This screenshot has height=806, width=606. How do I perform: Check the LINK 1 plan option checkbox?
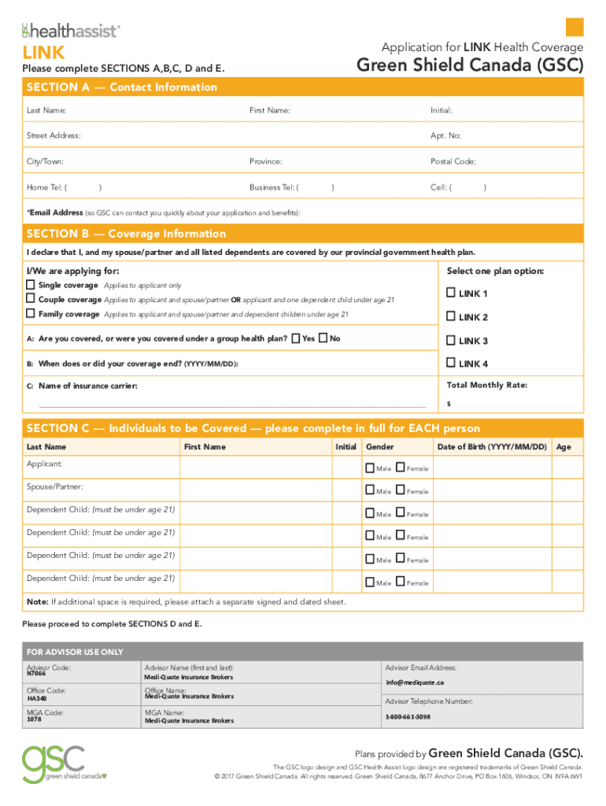click(x=451, y=293)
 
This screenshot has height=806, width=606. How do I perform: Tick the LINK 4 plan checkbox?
click(x=451, y=363)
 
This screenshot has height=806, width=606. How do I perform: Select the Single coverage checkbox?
click(x=31, y=285)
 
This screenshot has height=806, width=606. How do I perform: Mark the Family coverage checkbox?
click(x=31, y=313)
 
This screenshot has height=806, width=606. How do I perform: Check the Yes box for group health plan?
click(x=295, y=338)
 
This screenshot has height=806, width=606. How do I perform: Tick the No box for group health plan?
click(x=323, y=338)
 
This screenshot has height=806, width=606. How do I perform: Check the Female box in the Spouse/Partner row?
click(x=400, y=491)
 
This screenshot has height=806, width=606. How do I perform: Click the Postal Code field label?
click(x=453, y=161)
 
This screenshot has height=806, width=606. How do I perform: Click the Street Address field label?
click(x=54, y=135)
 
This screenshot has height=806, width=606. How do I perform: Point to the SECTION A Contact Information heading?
click(x=122, y=87)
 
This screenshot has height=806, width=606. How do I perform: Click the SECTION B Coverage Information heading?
click(x=126, y=234)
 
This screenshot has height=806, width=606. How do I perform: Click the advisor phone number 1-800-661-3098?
click(x=408, y=717)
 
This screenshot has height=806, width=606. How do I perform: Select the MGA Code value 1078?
click(x=34, y=719)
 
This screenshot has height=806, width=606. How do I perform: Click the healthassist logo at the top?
click(x=71, y=31)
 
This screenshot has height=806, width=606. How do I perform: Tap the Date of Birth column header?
click(x=491, y=447)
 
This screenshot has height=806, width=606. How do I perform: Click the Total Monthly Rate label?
click(x=486, y=385)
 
